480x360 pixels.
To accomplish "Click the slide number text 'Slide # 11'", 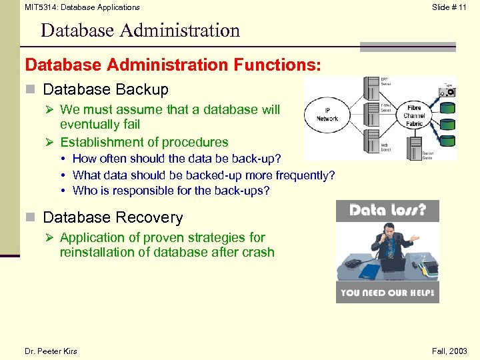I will (449, 7).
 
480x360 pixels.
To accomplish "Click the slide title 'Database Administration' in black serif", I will (140, 31).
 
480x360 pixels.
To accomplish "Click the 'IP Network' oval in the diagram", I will (327, 115).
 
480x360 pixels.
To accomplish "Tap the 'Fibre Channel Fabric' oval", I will (414, 115).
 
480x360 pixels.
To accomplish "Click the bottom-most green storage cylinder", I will (449, 141).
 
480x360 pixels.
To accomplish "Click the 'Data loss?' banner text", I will (387, 211).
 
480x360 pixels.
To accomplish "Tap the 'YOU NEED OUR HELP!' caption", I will (387, 293).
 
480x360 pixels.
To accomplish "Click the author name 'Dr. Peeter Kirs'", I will (51, 351).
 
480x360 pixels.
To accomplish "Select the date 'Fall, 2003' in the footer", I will (449, 351).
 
